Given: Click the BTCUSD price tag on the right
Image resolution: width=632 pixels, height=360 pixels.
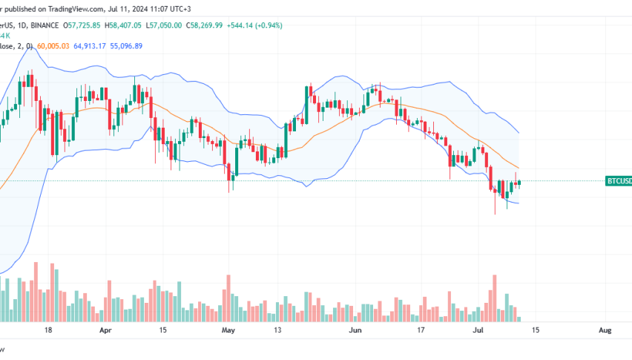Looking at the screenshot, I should pos(618,181).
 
